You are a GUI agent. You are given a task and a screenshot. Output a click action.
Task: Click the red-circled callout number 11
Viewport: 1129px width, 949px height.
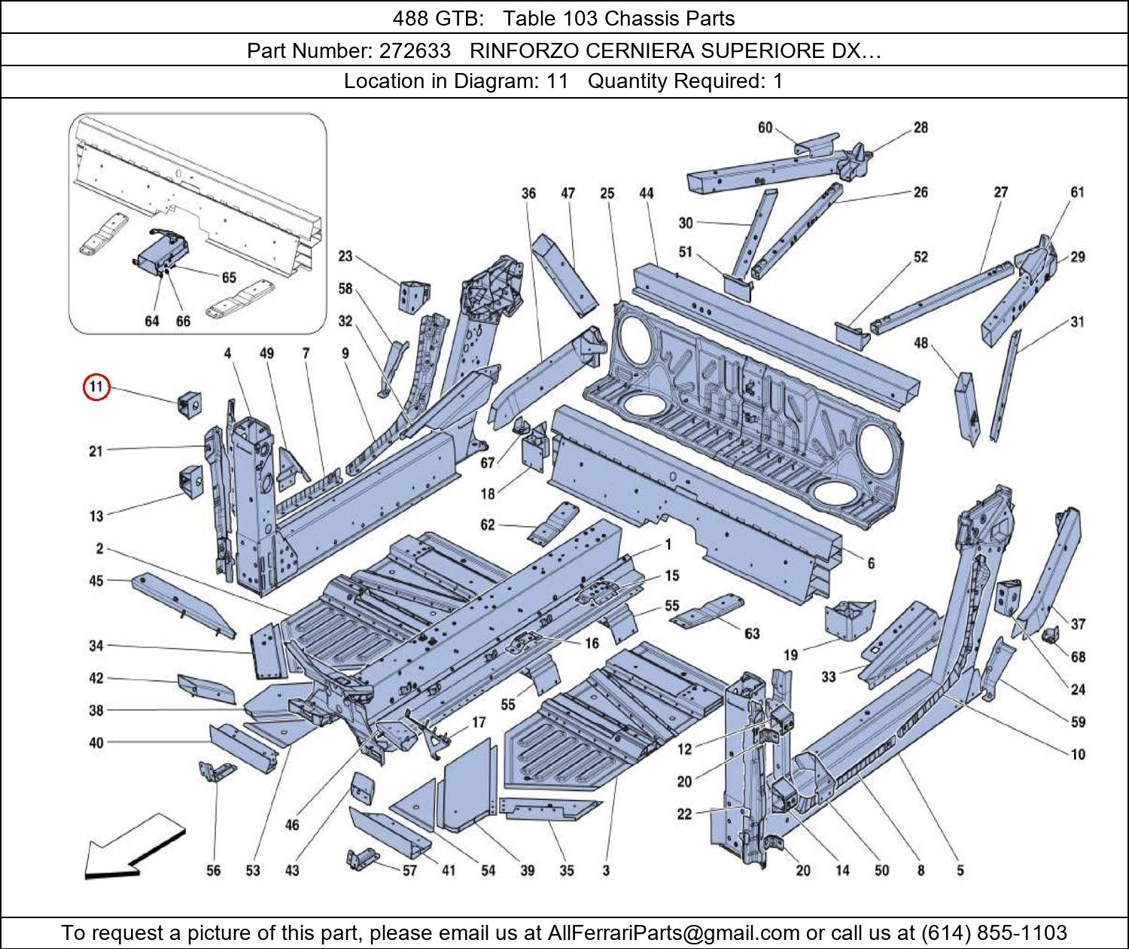point(96,388)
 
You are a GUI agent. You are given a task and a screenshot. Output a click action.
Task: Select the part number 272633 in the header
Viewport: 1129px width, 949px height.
point(415,50)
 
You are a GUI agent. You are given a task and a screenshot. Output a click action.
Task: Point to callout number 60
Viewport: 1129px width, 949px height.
point(765,128)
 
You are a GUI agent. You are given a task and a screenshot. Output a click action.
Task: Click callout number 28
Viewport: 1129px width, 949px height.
point(921,128)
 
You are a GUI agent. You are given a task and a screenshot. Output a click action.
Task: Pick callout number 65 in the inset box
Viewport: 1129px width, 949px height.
point(229,278)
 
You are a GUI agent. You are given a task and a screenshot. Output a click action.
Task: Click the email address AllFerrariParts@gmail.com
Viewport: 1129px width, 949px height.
point(674,933)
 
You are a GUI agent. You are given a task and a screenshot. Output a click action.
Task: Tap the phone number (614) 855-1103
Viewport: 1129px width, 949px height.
point(994,933)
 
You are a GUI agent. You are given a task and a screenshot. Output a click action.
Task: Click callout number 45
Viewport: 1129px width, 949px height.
point(96,580)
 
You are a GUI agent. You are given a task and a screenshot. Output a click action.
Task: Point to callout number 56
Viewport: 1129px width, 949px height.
point(214,870)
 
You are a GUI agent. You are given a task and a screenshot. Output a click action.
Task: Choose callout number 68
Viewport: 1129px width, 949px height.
point(1078,657)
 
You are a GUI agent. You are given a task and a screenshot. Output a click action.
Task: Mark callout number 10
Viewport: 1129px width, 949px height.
point(1078,754)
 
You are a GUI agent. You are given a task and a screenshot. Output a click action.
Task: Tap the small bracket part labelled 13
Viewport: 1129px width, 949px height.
point(190,482)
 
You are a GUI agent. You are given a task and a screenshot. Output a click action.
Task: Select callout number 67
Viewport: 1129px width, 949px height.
point(488,463)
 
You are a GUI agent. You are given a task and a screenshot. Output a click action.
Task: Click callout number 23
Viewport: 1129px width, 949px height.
point(345,256)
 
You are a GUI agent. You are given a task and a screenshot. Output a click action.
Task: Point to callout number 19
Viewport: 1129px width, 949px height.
point(790,655)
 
